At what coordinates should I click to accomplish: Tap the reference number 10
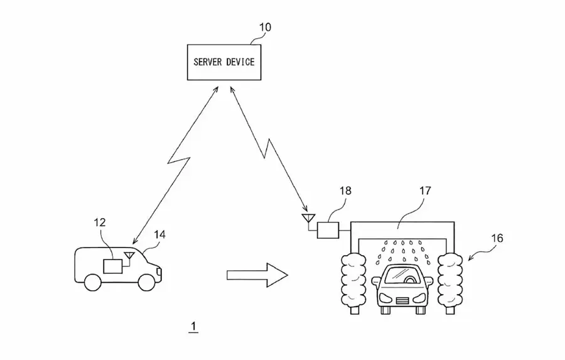point(265,28)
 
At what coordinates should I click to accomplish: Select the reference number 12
point(100,222)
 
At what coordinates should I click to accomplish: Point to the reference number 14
point(159,235)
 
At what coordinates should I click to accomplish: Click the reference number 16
point(497,238)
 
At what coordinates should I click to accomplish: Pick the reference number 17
point(425,190)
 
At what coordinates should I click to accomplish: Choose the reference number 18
point(345,190)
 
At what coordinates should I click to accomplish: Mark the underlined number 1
point(193,327)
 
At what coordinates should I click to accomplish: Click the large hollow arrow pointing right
point(257,275)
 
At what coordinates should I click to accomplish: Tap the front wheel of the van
point(146,283)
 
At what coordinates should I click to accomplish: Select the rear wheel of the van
point(93,283)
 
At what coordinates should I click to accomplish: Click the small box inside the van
point(113,266)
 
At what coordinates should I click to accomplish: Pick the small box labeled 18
point(328,230)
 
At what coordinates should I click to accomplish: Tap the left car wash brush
point(353,283)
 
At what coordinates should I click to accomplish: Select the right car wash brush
point(449,283)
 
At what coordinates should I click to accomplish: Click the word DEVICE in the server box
point(240,62)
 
